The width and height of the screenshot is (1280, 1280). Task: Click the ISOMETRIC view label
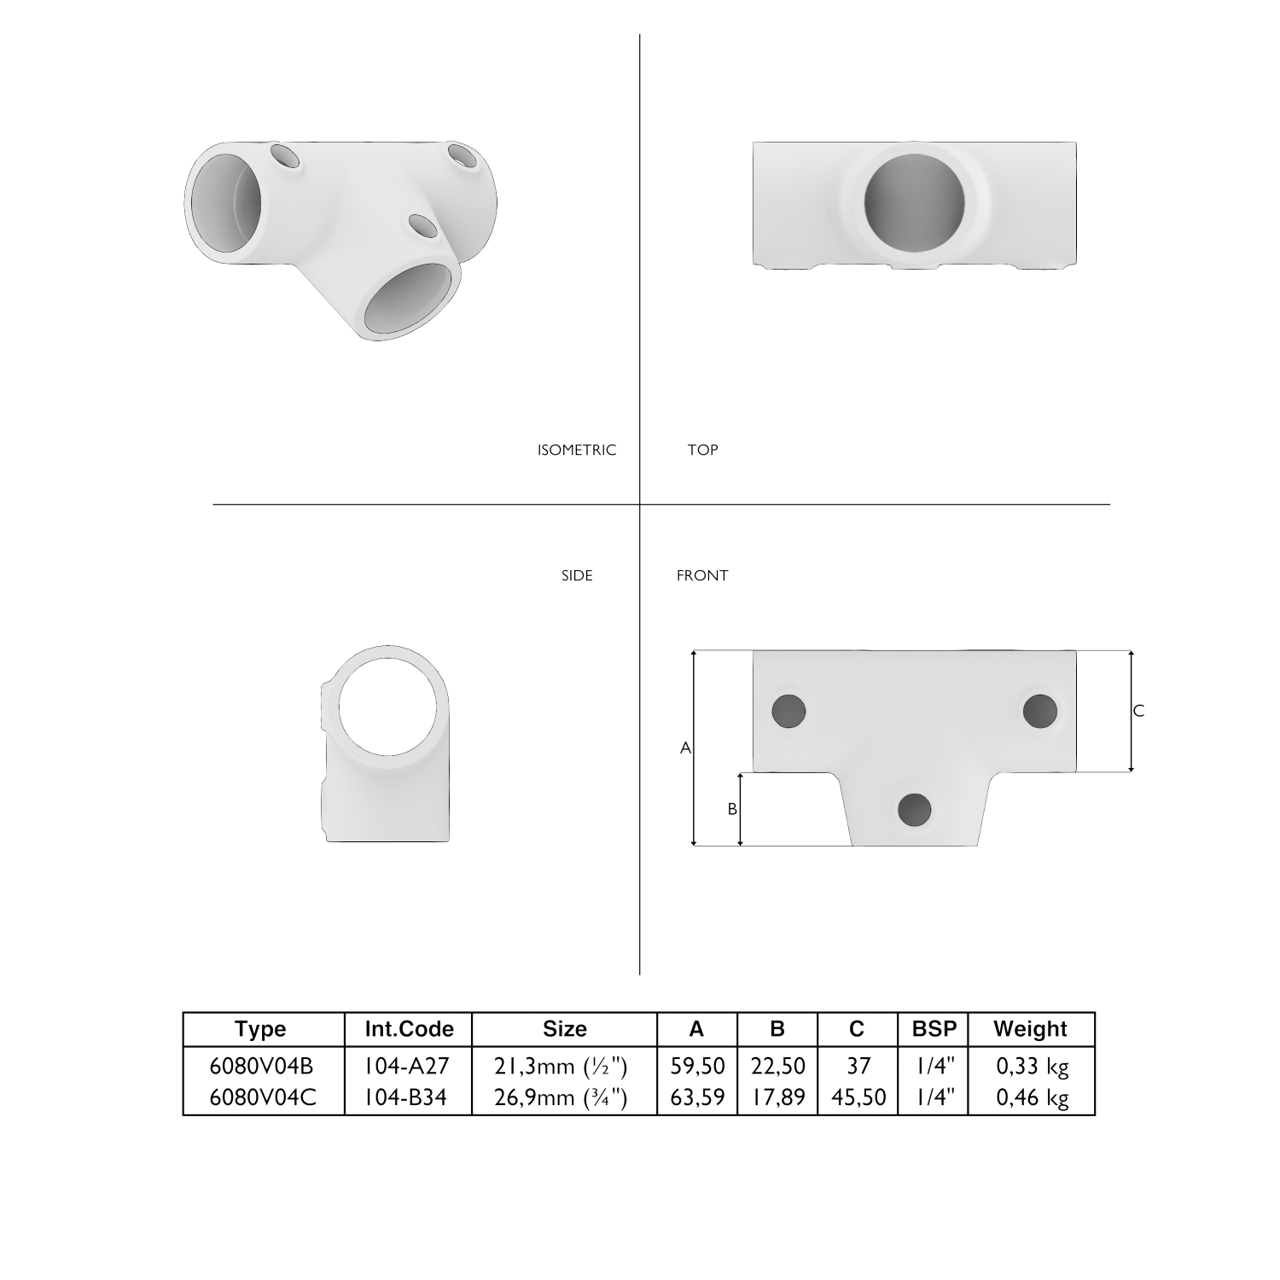pyautogui.click(x=576, y=450)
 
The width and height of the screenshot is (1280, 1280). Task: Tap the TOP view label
pyautogui.click(x=702, y=450)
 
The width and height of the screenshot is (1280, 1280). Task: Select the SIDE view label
pyautogui.click(x=577, y=575)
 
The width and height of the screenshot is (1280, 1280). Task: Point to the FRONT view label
pyautogui.click(x=702, y=575)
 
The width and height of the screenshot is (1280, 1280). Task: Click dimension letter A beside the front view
pyautogui.click(x=684, y=748)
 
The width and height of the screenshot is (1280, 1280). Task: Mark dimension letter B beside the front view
pyautogui.click(x=731, y=809)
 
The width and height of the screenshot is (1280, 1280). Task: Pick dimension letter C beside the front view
pyautogui.click(x=1138, y=710)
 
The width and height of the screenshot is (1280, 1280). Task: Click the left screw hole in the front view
pyautogui.click(x=788, y=710)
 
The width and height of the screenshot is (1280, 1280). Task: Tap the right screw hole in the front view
pyautogui.click(x=1039, y=710)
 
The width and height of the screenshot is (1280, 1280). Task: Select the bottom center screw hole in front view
pyautogui.click(x=915, y=809)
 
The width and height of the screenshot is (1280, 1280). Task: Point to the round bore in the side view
pyautogui.click(x=389, y=705)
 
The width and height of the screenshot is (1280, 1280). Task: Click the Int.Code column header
pyautogui.click(x=409, y=1029)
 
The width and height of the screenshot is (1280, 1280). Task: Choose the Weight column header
pyautogui.click(x=1030, y=1029)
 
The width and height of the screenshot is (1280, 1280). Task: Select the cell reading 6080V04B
pyautogui.click(x=262, y=1066)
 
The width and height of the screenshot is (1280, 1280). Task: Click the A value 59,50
pyautogui.click(x=697, y=1066)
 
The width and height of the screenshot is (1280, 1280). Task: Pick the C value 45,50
pyautogui.click(x=858, y=1097)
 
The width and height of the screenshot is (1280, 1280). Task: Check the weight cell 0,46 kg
pyautogui.click(x=1032, y=1097)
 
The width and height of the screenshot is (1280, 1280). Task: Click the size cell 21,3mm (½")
pyautogui.click(x=561, y=1066)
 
